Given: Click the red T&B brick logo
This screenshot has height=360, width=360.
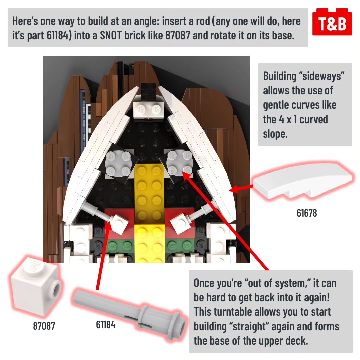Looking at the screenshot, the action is point(332,22).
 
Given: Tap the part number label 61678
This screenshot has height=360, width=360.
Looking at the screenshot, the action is point(307,213).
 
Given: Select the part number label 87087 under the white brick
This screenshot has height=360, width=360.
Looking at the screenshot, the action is point(44,326).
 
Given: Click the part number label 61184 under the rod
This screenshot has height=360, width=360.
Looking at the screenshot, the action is point(106,325).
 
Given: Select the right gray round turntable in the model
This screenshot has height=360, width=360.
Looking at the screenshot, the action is point(179,162).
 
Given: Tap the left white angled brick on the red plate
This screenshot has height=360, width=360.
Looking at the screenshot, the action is point(119,224).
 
